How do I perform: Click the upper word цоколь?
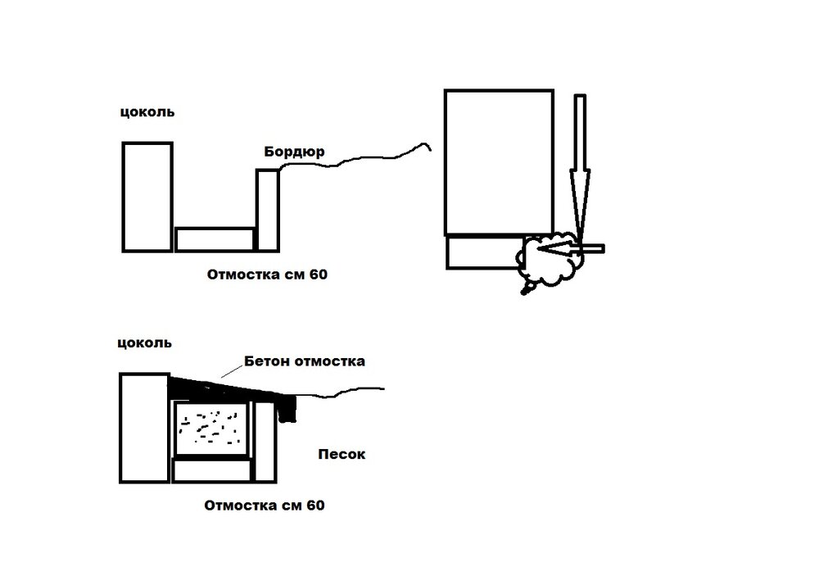[x=147, y=111]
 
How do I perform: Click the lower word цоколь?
[x=144, y=342]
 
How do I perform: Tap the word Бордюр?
[x=294, y=152]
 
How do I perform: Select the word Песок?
[x=342, y=454]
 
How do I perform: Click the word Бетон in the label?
[x=267, y=361]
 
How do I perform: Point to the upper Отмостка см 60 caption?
[x=267, y=274]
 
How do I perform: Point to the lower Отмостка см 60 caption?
[x=265, y=506]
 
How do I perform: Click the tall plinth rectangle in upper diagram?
[x=147, y=197]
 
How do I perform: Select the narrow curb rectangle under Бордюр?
[x=268, y=210]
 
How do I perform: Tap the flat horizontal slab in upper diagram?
[x=215, y=240]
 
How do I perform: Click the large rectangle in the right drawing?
[x=499, y=162]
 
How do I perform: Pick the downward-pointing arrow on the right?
[x=580, y=167]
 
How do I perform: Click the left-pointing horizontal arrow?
[x=569, y=249]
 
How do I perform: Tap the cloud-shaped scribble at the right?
[x=549, y=260]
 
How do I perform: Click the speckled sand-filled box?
[x=211, y=429]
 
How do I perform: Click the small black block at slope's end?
[x=287, y=409]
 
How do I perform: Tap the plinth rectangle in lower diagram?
[x=145, y=428]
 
